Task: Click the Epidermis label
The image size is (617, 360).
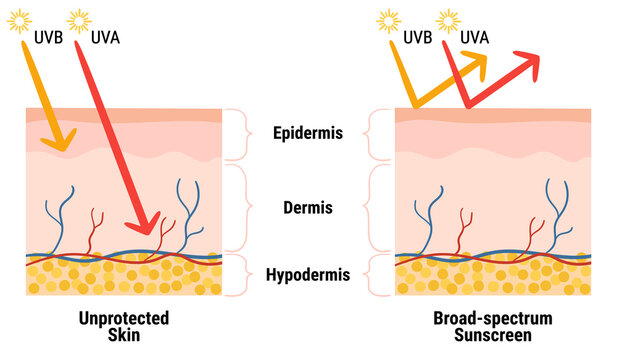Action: [308, 133]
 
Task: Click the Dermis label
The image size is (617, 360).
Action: [308, 209]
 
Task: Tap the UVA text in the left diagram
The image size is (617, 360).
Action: [107, 36]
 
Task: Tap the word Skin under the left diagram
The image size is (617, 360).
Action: [123, 336]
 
